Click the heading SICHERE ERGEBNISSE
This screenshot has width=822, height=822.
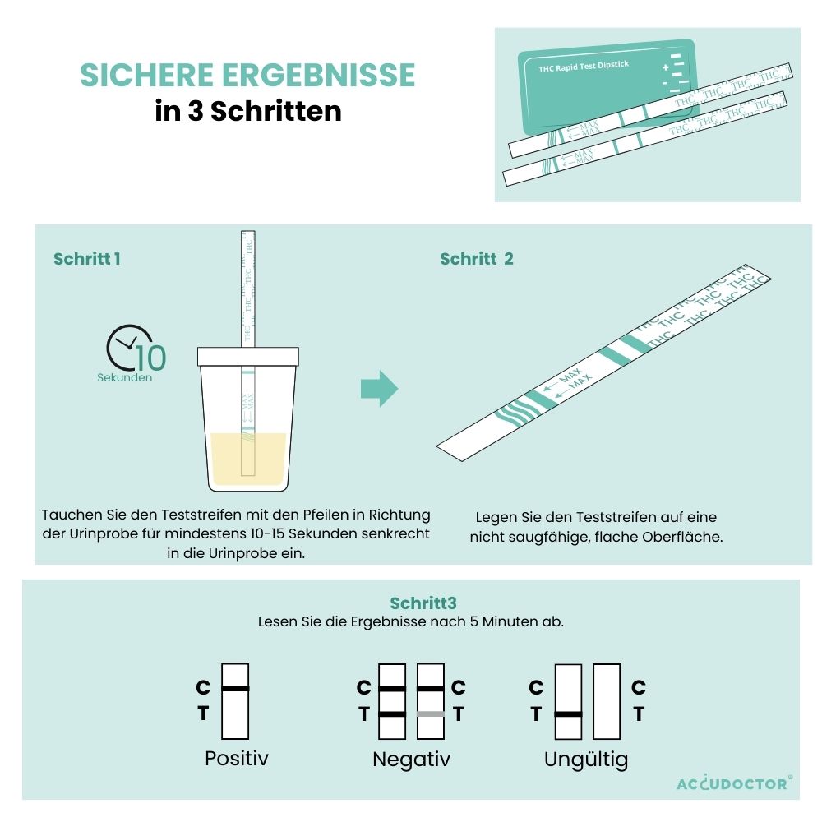[247, 75]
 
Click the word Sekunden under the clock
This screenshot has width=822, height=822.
[125, 377]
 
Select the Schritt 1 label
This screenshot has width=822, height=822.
[87, 258]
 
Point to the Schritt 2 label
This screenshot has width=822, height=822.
[477, 258]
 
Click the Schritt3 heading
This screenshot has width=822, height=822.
[423, 603]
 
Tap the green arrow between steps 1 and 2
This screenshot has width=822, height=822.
[380, 389]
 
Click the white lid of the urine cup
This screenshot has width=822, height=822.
[248, 357]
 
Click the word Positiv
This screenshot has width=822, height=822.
[237, 758]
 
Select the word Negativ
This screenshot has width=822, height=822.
[412, 759]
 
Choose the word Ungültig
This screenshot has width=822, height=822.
[586, 760]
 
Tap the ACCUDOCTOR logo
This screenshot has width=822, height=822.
[734, 783]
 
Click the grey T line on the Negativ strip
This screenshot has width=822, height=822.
[431, 714]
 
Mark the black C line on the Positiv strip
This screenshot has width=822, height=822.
[235, 688]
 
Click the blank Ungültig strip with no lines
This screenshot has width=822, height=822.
[607, 701]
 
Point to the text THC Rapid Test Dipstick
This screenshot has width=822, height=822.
[584, 67]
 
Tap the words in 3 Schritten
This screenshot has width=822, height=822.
[248, 111]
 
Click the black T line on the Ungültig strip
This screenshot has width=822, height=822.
[568, 714]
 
